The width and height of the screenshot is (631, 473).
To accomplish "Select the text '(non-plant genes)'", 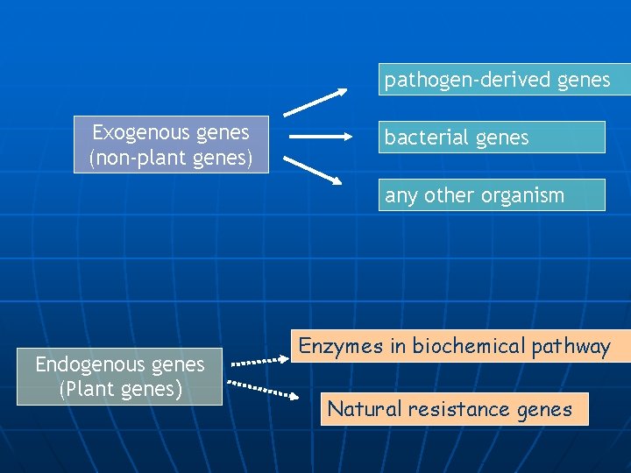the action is [171, 159].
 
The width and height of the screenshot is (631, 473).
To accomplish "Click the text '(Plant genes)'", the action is [120, 389].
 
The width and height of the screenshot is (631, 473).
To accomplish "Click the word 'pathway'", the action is [571, 347].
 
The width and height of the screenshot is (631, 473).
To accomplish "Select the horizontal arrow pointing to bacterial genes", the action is [318, 138].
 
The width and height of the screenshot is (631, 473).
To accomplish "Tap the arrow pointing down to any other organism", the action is [313, 171].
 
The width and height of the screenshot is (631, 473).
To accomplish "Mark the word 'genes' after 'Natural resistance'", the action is [544, 409].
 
